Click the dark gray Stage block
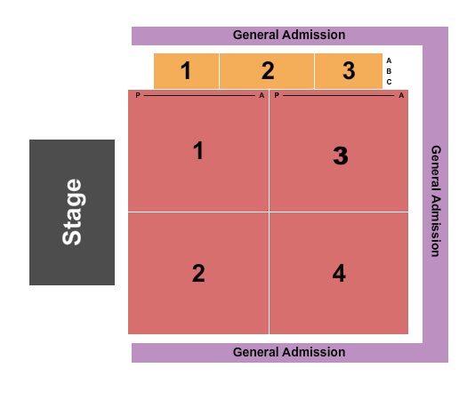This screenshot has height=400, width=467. coord(72,212)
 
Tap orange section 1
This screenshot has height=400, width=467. coord(186,71)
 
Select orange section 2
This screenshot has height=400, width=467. coord(267,71)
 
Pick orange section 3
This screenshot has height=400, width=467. coord(349,71)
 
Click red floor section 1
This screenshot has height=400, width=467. coord(198,150)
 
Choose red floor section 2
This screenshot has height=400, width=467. coord(198,273)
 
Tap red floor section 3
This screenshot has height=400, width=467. coord(339,150)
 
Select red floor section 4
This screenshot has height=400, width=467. coord(339,273)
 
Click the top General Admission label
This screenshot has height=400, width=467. coord(289,35)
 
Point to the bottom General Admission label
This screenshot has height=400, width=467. coord(289,352)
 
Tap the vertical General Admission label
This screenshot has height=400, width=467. coord(436,201)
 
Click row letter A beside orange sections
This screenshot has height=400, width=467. coord(389,60)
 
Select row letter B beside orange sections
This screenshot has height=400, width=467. coord(389,71)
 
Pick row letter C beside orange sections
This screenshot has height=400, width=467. coord(389,82)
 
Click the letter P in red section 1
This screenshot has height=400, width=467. coord(138,95)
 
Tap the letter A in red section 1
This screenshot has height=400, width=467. coord(262,95)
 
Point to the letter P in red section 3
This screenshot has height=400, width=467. coord(277,95)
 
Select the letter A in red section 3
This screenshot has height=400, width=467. coord(401,95)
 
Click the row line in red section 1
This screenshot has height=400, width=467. coord(199,95)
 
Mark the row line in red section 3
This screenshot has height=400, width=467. coord(338,95)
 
